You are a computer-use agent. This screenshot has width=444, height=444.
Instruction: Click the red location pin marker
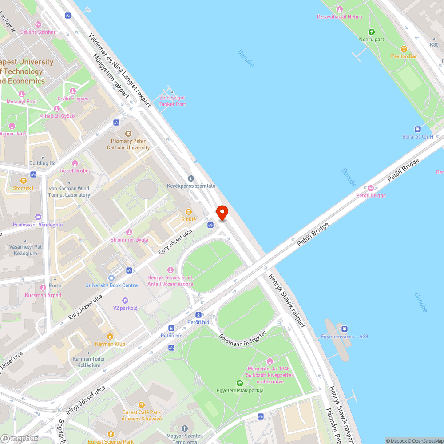(222, 213)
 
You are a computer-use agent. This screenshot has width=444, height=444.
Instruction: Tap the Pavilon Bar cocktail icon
(404, 49)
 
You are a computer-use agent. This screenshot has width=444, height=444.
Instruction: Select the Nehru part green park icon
(372, 32)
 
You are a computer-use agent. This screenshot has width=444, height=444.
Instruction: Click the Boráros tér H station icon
(417, 129)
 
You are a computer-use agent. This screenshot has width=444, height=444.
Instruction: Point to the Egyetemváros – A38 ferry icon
(344, 329)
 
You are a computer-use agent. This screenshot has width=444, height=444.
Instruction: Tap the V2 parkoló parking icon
(125, 301)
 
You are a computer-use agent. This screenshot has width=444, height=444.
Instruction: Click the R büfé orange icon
(189, 212)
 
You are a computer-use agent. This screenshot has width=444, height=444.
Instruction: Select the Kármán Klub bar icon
(110, 337)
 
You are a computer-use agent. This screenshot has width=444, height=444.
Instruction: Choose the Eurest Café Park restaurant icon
(142, 404)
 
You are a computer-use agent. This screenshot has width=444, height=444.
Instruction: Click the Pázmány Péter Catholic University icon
(128, 133)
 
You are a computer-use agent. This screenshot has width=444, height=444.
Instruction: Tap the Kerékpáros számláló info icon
(191, 178)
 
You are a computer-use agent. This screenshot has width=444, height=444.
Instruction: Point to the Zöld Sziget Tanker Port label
(172, 101)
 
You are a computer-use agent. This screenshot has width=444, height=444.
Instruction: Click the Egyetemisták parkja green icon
(240, 383)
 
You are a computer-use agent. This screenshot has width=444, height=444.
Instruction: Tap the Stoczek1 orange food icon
(23, 181)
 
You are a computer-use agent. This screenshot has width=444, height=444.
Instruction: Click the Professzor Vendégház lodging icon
(38, 217)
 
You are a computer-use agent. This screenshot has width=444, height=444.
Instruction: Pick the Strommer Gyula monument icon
(129, 232)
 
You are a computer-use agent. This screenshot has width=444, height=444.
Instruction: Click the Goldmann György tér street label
(242, 341)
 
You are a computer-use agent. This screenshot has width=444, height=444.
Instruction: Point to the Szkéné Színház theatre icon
(38, 24)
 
